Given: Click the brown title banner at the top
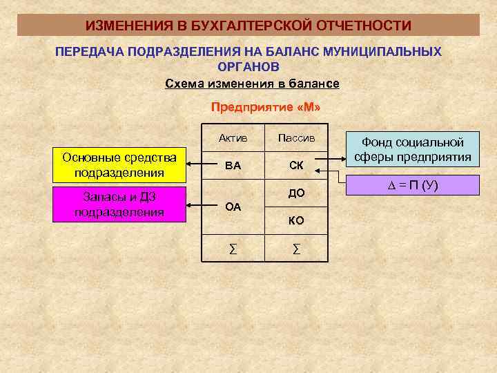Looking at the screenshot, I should click(248, 25).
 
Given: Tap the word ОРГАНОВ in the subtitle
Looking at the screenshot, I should click(248, 67).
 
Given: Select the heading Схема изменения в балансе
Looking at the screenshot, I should click(253, 84).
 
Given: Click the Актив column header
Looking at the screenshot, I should click(233, 138).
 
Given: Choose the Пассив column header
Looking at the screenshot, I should click(296, 138).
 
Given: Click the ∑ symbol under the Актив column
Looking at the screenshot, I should click(233, 247).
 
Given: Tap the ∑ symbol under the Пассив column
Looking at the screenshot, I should click(296, 247).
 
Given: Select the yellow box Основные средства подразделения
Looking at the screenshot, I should click(119, 164).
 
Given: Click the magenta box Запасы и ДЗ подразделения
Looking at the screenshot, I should click(119, 204).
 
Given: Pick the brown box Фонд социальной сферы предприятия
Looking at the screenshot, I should click(413, 149).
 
